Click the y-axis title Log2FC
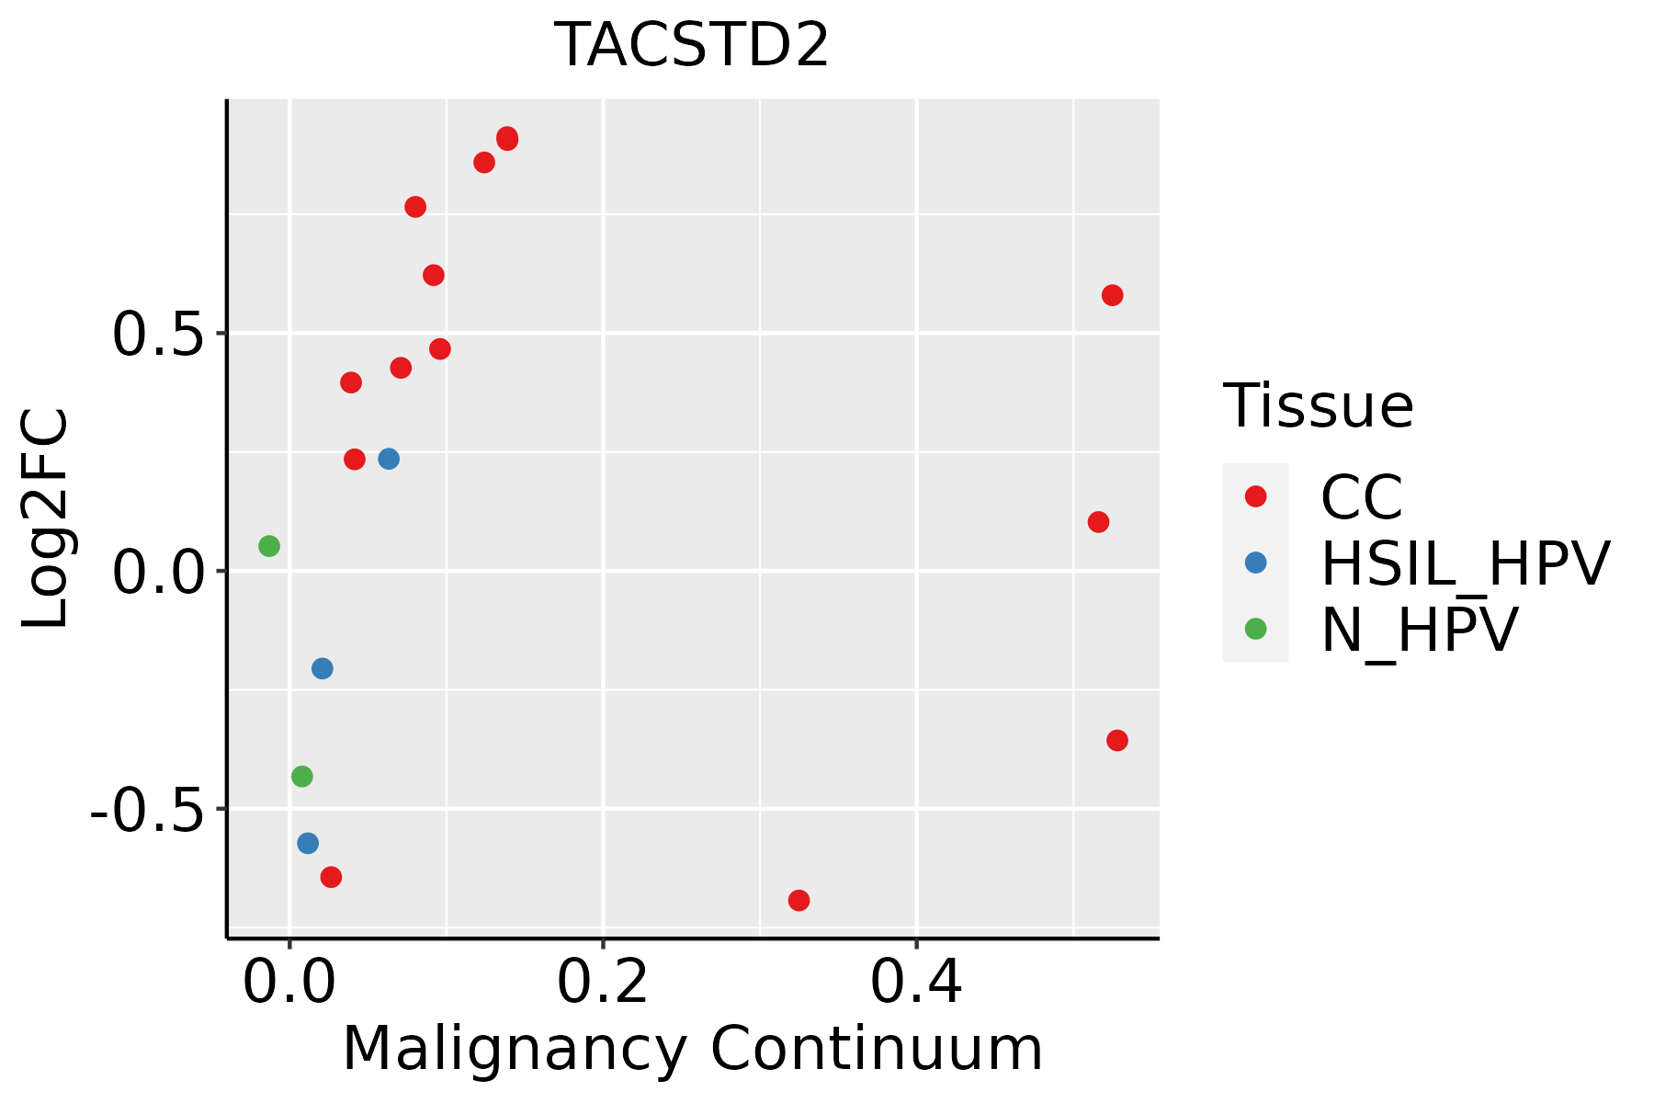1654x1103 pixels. coord(46,518)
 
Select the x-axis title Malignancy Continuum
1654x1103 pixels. coord(692,1049)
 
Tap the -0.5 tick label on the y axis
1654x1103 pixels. coord(146,810)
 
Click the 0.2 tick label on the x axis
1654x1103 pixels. coord(603,983)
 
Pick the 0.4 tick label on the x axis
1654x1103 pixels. coord(916,983)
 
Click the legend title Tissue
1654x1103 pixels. coord(1318,405)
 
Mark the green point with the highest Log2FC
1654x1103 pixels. coord(268,546)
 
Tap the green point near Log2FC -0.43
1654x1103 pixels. coord(301,777)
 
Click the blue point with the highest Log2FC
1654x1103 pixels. coord(389,459)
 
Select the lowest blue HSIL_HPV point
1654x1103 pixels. coord(308,843)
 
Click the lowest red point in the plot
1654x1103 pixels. coord(799,900)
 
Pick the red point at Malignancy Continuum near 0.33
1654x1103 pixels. coord(799,900)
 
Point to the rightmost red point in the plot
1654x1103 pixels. coord(1116,740)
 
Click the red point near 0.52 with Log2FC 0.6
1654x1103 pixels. coord(1112,295)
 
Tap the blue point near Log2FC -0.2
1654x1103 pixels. coord(322,668)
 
